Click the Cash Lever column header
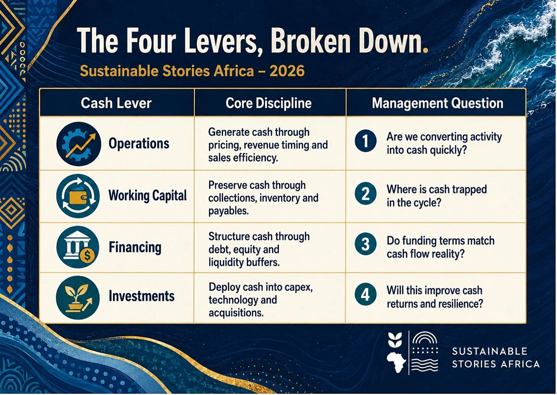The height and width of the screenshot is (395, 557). pos(116,103)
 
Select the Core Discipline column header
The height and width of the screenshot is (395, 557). pos(268,103)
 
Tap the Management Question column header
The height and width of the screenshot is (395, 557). pos(438,103)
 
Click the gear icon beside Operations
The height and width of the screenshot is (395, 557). pos(79,144)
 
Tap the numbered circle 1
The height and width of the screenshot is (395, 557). pos(365,141)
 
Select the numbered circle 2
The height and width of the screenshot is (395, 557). pos(365,194)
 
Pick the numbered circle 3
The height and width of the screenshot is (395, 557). pos(365,244)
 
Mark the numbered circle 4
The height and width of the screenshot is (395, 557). pos(365,294)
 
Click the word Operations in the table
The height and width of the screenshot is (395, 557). pos(139,144)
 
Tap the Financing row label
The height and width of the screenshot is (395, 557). pos(135,247)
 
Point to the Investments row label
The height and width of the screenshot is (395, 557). pos(142,296)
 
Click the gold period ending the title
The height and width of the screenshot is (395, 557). pos(425,50)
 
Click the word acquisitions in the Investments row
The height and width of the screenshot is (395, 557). pos(236,313)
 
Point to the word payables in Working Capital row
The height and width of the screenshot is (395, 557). pos(229,211)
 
